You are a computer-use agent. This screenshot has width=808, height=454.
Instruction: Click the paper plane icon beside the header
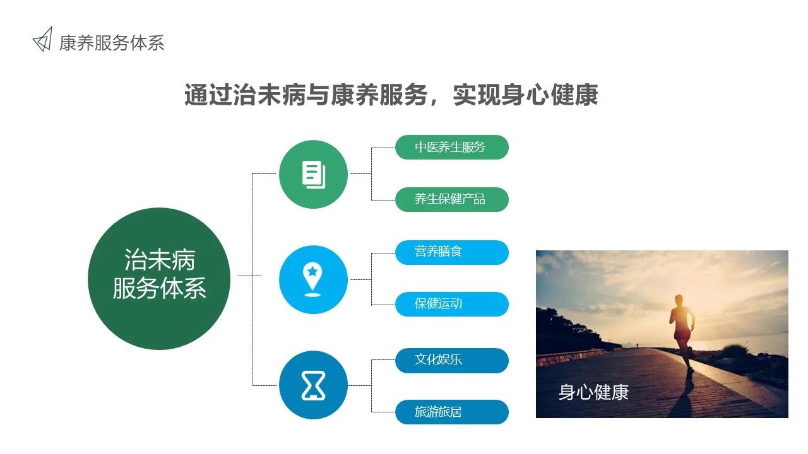[x=44, y=40]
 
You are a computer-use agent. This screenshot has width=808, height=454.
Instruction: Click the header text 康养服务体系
[x=112, y=44]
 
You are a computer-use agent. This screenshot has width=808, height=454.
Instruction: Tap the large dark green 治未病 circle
[x=159, y=279]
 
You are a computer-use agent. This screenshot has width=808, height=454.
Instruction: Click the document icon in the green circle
[x=314, y=175]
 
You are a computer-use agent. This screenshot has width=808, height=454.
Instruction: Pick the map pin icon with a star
[x=312, y=279]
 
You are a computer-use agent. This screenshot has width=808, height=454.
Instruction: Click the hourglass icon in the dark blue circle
[x=313, y=385]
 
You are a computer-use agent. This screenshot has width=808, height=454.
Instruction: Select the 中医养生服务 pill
[x=451, y=147]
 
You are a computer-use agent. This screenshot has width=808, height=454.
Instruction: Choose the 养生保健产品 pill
[x=451, y=199]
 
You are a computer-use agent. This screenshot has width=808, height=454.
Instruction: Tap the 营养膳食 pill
[x=451, y=252]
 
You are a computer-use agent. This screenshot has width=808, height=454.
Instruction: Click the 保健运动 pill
[x=451, y=304]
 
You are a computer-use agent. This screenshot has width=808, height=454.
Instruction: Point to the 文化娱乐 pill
[x=451, y=360]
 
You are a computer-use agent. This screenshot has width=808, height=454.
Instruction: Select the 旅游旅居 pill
[x=451, y=412]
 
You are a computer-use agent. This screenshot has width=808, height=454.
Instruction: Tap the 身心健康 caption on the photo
[x=593, y=392]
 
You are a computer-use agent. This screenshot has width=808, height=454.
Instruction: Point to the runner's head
[x=679, y=300]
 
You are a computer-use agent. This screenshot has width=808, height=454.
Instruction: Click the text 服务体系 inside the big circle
[x=159, y=288]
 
